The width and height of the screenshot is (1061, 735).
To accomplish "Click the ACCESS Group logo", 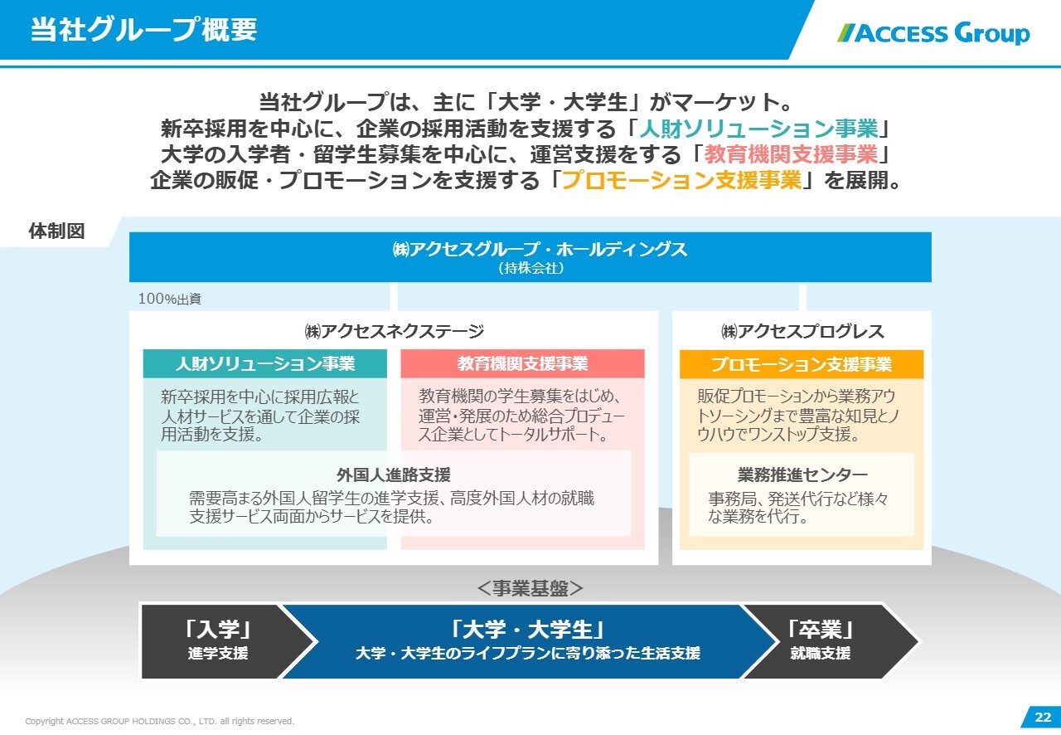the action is pyautogui.click(x=933, y=33).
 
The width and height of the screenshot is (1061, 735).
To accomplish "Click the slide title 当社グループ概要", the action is pyautogui.click(x=144, y=29).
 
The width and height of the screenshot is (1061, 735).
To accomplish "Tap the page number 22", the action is pyautogui.click(x=1043, y=717).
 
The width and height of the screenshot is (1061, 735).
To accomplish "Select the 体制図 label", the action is pyautogui.click(x=57, y=231).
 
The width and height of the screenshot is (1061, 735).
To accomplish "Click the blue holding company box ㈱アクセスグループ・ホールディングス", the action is pyautogui.click(x=530, y=257).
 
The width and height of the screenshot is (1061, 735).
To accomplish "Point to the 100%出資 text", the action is pyautogui.click(x=170, y=299).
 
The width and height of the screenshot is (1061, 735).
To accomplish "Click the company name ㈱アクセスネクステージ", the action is pyautogui.click(x=394, y=331).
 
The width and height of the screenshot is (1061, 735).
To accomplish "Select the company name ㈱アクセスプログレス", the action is pyautogui.click(x=802, y=331).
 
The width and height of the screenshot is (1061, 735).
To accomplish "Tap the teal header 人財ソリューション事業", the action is pyautogui.click(x=264, y=363).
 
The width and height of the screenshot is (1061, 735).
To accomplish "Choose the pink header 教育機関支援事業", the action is pyautogui.click(x=522, y=363).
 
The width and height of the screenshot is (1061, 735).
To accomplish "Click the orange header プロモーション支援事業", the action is pyautogui.click(x=802, y=364).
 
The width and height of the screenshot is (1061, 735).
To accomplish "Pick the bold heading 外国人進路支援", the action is pyautogui.click(x=394, y=475).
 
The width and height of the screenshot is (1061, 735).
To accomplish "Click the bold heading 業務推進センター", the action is pyautogui.click(x=802, y=475).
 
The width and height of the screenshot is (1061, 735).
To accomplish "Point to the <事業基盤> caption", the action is pyautogui.click(x=530, y=588).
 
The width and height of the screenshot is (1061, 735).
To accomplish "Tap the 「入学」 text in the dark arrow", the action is pyautogui.click(x=218, y=630).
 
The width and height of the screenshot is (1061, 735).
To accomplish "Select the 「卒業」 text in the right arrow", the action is pyautogui.click(x=821, y=630).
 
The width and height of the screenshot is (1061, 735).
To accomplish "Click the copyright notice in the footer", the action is pyautogui.click(x=160, y=721).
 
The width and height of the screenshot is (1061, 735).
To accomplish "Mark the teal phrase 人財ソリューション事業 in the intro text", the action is pyautogui.click(x=758, y=128).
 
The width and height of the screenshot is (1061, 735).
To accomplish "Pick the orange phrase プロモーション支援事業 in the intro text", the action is pyautogui.click(x=681, y=180).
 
